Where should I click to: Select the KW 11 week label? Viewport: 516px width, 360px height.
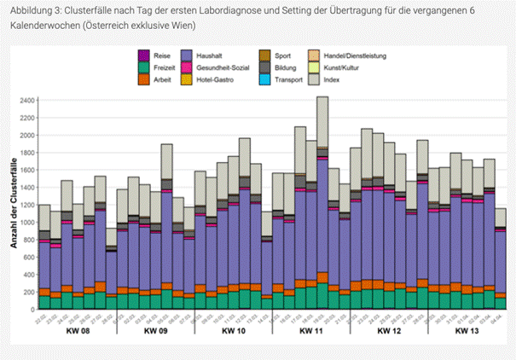[311, 330]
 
